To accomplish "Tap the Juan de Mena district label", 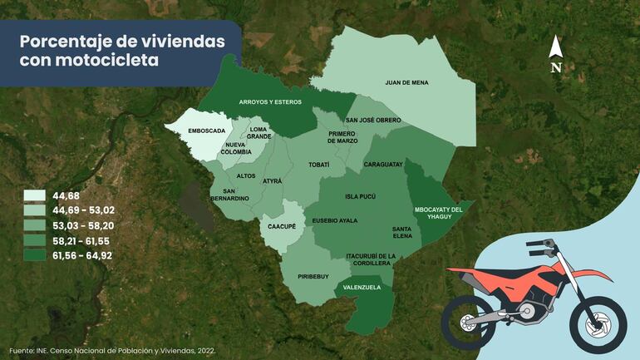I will [406, 82].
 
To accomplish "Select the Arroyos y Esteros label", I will [270, 101].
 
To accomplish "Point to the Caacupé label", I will [283, 225].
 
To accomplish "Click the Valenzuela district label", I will [362, 287].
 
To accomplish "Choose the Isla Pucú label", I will [361, 197].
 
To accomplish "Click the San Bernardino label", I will [229, 195].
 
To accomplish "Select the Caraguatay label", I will [383, 164].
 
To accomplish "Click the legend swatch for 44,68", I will [34, 195].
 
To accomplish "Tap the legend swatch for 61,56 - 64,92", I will [34, 255].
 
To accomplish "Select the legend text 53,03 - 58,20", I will [82, 225].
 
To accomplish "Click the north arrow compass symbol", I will [556, 54].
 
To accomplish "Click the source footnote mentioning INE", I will [112, 351].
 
